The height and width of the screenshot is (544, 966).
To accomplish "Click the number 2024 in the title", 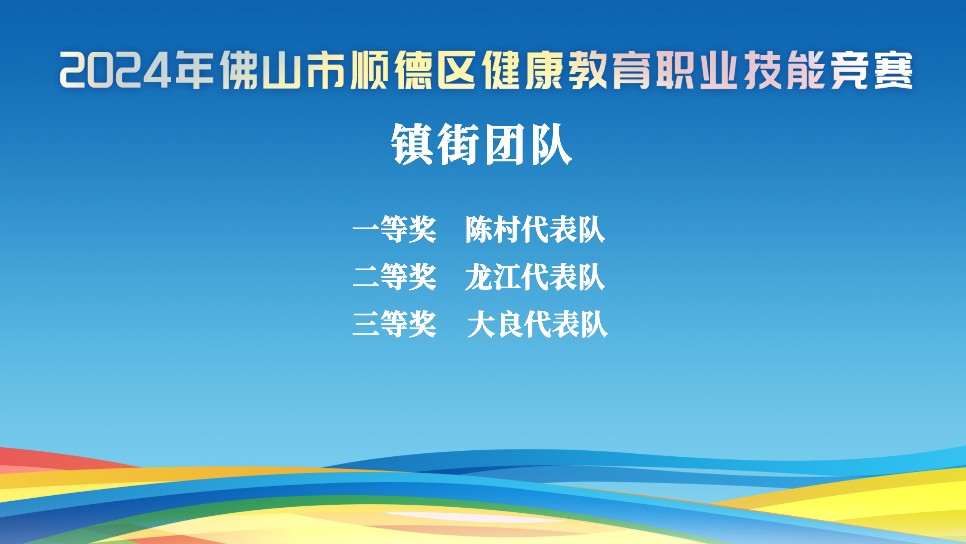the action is click(115, 70).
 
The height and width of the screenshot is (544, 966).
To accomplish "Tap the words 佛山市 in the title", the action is click(283, 70).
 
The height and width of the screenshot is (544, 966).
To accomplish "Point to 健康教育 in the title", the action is click(566, 70).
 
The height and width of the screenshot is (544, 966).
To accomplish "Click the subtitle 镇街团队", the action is click(481, 144).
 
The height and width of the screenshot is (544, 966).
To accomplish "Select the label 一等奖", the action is click(395, 229).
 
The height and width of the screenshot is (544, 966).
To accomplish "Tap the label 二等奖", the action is click(395, 277).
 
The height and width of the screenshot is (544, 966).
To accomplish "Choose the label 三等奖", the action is click(395, 324).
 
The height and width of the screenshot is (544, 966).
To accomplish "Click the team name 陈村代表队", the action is click(535, 229).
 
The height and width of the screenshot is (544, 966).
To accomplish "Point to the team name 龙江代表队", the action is click(535, 277).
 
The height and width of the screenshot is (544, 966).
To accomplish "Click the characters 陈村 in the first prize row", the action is click(493, 229).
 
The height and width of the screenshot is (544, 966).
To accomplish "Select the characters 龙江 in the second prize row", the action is click(493, 277).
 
